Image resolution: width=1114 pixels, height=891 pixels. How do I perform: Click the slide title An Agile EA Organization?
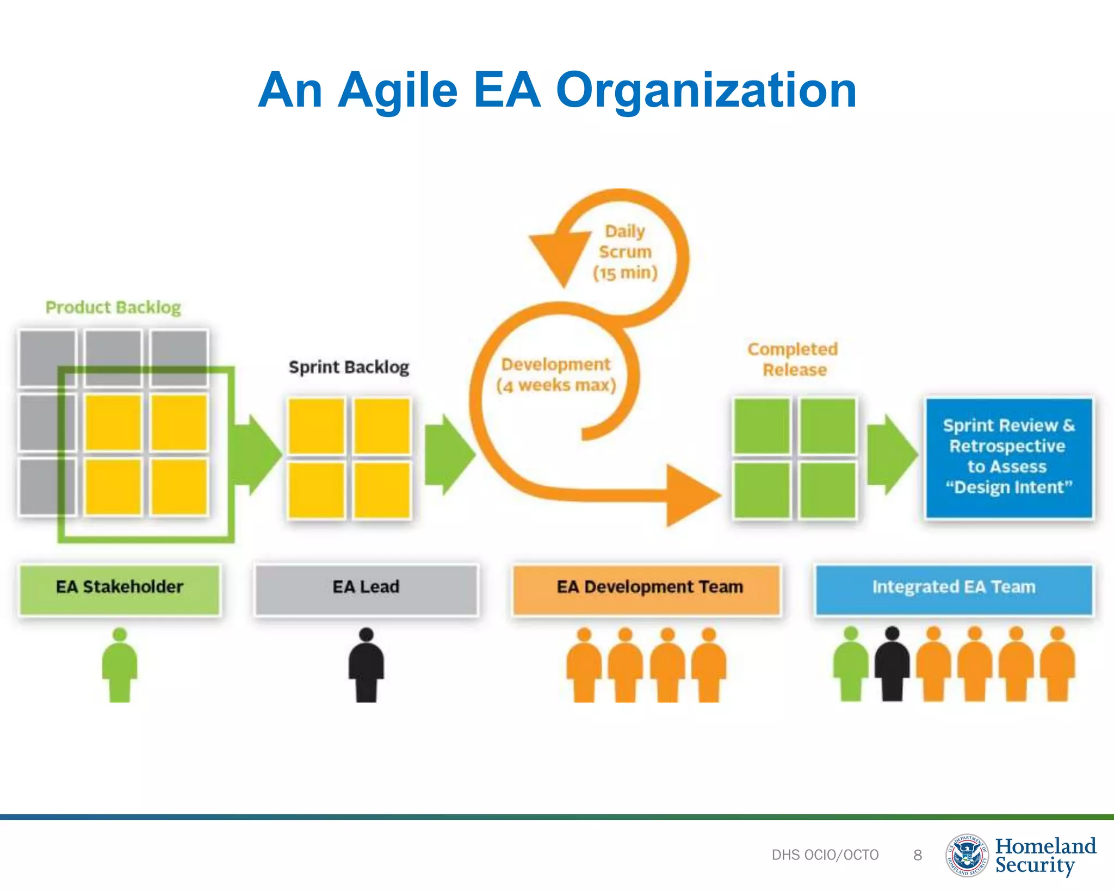click(557, 90)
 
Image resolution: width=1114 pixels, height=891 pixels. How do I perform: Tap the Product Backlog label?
click(113, 308)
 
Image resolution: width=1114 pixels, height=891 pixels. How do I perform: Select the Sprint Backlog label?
click(349, 367)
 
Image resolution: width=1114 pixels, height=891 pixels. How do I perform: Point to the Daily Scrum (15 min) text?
click(625, 252)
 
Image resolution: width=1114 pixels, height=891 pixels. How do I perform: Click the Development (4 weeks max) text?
click(556, 375)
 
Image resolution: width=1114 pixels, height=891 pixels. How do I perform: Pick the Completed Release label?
click(793, 359)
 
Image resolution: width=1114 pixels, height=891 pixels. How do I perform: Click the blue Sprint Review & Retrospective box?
click(1009, 457)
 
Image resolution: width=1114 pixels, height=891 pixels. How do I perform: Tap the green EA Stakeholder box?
click(120, 589)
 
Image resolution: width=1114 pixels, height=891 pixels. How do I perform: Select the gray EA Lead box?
click(366, 589)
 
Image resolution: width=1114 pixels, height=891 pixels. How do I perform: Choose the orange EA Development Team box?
click(646, 589)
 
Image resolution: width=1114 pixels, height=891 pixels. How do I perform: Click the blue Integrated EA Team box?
click(954, 589)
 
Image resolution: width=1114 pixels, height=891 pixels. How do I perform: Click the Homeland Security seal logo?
click(967, 855)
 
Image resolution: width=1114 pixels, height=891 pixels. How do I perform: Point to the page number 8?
click(918, 855)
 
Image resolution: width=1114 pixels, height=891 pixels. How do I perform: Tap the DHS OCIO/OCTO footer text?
click(825, 855)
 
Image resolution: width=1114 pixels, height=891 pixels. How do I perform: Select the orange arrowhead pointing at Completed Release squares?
click(691, 495)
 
